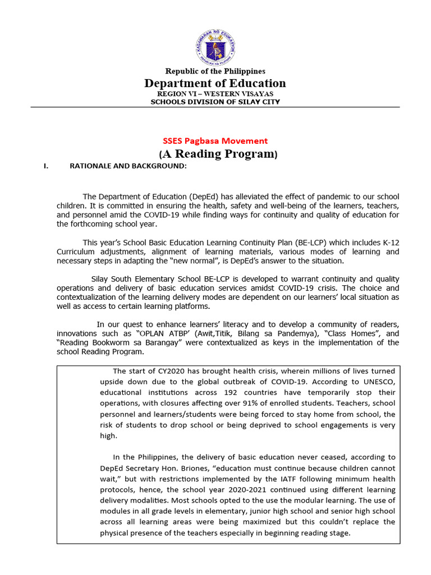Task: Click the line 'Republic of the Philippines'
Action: coord(215,71)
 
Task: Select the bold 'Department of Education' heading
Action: coord(215,83)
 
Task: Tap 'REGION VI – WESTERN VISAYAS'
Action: coord(215,94)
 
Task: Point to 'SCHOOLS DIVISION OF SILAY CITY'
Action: coord(215,102)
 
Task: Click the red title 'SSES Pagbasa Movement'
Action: coord(215,141)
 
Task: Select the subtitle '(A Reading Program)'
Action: coord(215,154)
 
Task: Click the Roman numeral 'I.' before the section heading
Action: coord(47,166)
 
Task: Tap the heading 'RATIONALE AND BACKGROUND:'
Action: coord(127,166)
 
